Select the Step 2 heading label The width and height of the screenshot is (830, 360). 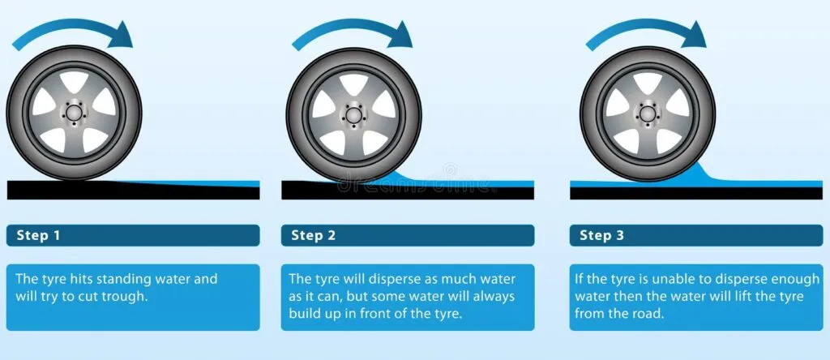click(x=314, y=236)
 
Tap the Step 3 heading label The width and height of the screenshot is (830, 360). click(x=602, y=236)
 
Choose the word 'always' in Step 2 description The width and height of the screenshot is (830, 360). click(x=495, y=296)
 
